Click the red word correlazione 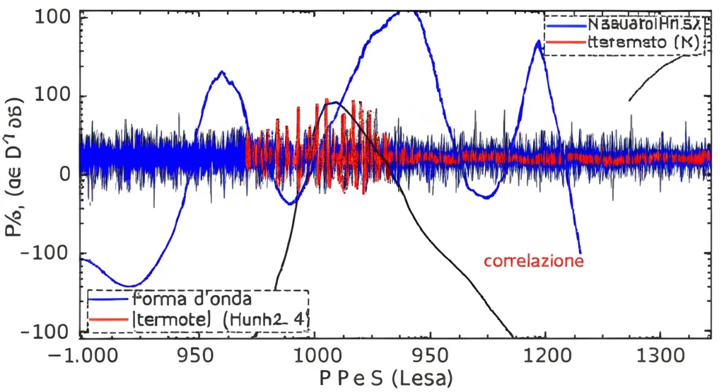pyautogui.click(x=534, y=261)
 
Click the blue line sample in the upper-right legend pyautogui.click(x=566, y=25)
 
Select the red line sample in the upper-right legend pyautogui.click(x=566, y=43)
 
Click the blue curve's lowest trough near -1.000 pyautogui.click(x=129, y=286)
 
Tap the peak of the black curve pyautogui.click(x=334, y=103)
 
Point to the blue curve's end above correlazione pyautogui.click(x=580, y=251)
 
